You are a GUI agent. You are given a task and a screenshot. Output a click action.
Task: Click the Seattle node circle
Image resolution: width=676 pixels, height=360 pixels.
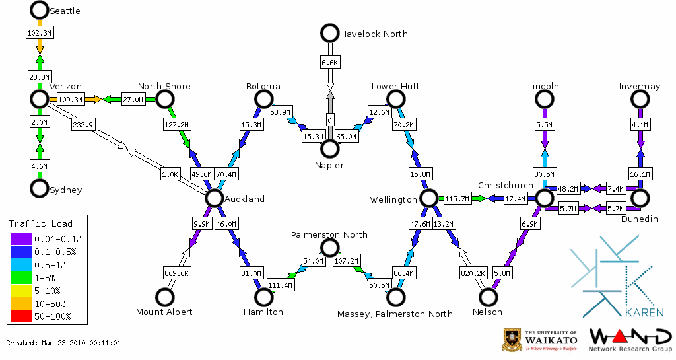click(x=40, y=10)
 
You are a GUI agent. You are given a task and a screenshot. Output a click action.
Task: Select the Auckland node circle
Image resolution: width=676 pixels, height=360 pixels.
click(x=214, y=198)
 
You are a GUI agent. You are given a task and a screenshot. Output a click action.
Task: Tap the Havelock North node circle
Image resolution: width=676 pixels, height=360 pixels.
click(x=329, y=33)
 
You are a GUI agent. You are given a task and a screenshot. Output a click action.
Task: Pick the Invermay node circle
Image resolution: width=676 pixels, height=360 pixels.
click(x=640, y=99)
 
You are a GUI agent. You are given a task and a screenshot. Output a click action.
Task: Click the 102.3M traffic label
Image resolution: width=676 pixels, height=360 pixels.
click(x=40, y=32)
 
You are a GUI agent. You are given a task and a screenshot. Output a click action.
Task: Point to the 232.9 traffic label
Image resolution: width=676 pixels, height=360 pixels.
click(x=83, y=124)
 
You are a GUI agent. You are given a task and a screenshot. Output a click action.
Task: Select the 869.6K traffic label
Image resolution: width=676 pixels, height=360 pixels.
click(x=177, y=273)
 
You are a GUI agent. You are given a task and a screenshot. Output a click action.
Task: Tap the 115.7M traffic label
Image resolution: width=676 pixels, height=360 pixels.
click(x=457, y=198)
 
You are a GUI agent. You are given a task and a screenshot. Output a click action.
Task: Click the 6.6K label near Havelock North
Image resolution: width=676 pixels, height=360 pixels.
click(x=329, y=62)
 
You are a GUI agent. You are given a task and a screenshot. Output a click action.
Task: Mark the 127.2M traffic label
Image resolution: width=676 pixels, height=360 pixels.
click(x=176, y=124)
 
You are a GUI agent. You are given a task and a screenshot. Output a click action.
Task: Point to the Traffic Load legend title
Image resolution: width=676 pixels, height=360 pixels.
click(x=41, y=223)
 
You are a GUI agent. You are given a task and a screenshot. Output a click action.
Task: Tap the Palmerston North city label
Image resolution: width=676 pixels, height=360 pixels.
click(x=329, y=234)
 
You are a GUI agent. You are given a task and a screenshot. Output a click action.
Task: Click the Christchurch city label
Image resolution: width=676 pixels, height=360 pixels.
click(x=505, y=185)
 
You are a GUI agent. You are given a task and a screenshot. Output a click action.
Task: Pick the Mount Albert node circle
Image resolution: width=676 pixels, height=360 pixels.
click(x=164, y=297)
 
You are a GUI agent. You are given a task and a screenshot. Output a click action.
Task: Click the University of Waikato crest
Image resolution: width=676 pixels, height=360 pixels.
click(x=512, y=340)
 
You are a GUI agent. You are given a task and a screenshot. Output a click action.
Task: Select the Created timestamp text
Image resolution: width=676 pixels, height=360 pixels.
click(x=63, y=343)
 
